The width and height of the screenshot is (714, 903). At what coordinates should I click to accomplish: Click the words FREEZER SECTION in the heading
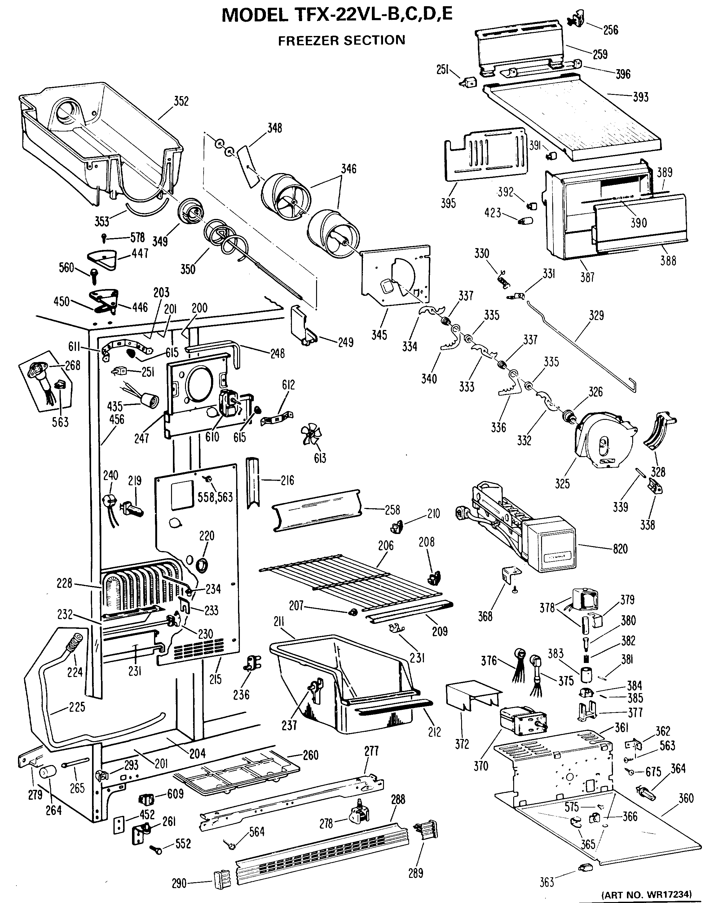(342, 40)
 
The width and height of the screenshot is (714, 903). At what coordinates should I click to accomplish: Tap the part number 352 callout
(181, 101)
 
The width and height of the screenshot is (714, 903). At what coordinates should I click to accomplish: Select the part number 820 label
(620, 548)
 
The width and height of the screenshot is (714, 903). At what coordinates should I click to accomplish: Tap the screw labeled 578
(104, 238)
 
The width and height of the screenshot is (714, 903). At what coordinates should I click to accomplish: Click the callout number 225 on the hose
(77, 707)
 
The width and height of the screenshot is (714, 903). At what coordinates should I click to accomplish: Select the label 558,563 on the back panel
(215, 497)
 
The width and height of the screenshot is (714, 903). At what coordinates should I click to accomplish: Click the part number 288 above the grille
(398, 799)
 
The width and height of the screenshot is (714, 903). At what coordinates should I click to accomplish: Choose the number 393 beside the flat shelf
(641, 97)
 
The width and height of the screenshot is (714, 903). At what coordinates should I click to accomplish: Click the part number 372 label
(462, 744)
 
